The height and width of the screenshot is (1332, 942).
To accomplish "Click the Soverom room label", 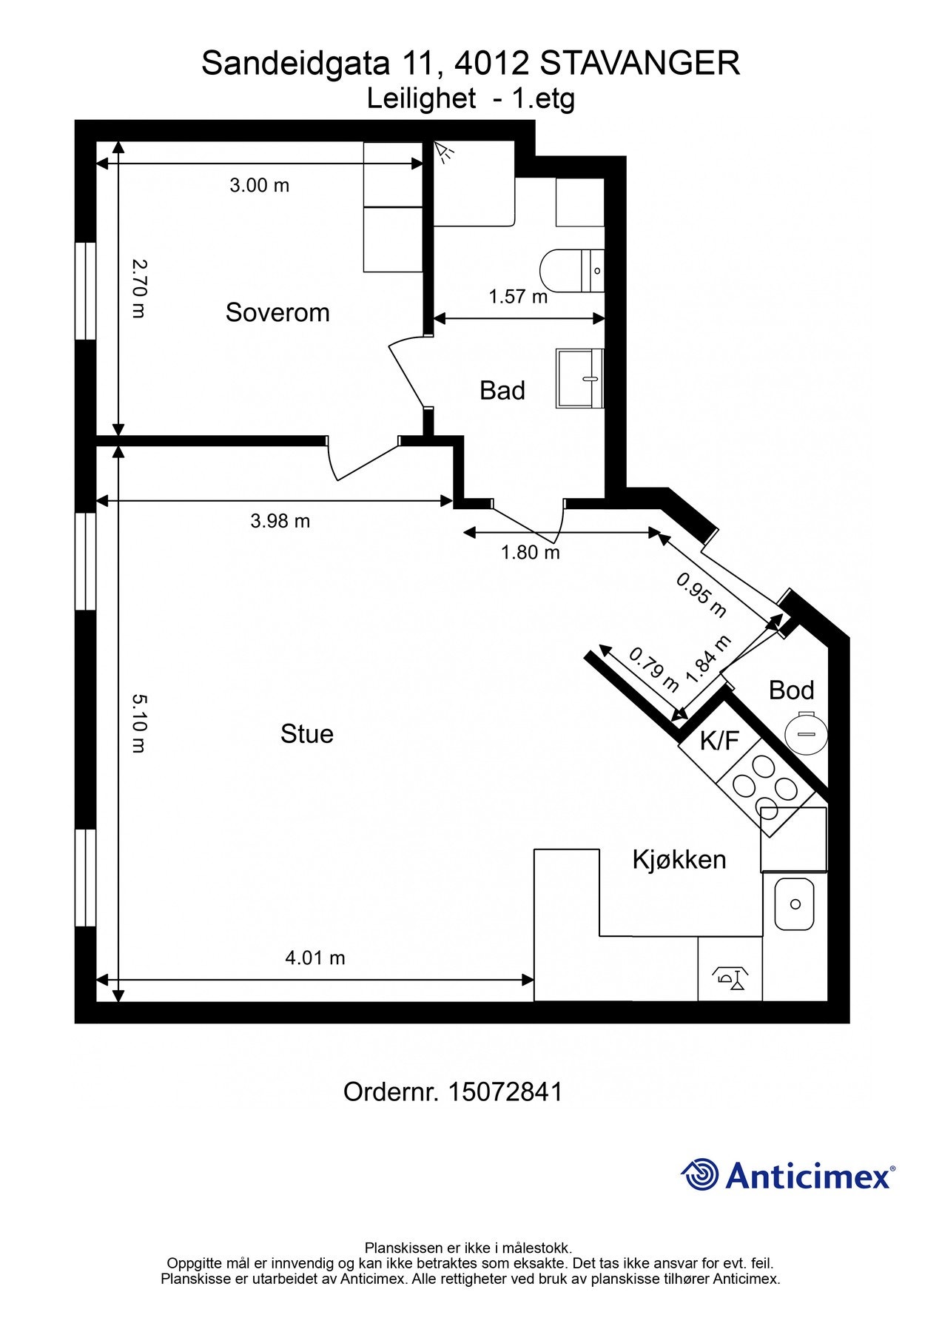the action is point(277,312).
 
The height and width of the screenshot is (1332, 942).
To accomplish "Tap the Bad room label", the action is point(502,390).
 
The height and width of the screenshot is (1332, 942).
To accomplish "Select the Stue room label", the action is point(307,733).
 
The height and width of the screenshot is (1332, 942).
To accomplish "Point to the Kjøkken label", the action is point(679,859).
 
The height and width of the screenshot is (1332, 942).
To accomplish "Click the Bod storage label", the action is point(792,690).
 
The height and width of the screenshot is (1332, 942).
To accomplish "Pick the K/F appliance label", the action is point(719,740).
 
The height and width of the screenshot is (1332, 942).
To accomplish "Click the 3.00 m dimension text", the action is point(260,185).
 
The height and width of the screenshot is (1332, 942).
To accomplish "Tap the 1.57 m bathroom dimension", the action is point(518,297).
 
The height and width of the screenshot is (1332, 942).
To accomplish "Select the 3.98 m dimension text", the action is point(280,521).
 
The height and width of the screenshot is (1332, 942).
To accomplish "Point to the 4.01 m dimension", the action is point(315,958).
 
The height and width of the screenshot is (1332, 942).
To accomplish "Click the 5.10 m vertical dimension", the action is point(139,723).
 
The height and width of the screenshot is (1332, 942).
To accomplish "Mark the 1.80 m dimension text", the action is point(531,552).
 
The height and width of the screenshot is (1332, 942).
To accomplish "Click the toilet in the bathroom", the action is point(573,271).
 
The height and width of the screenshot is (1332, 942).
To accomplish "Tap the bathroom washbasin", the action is point(580,379).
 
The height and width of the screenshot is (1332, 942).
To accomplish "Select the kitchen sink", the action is point(795,904).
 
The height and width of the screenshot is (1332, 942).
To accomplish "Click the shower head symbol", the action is point(444,152).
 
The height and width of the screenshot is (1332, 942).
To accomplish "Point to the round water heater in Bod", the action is point(806,733).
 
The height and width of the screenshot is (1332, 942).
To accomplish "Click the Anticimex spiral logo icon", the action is point(700,1174).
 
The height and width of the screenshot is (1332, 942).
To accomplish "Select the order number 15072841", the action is point(505,1091).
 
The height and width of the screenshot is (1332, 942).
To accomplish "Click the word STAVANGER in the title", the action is point(640,64).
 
